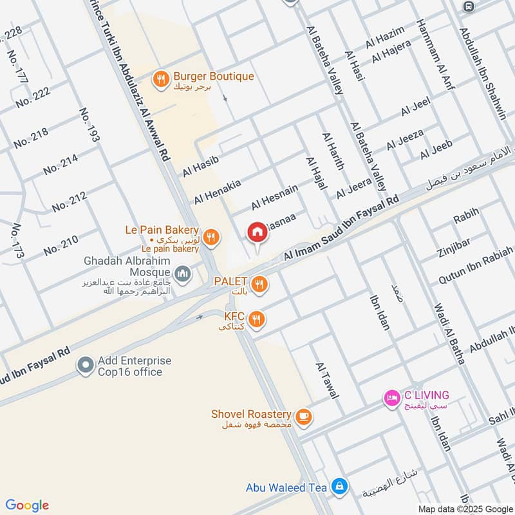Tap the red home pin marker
coord(257,232)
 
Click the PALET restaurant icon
coord(259,284)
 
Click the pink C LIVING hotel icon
coord(391,398)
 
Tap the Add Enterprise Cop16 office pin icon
coord(85,366)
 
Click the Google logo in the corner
coord(27,505)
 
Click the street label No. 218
coord(31,137)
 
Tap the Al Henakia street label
coord(218,191)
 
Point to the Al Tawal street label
coord(326,380)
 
